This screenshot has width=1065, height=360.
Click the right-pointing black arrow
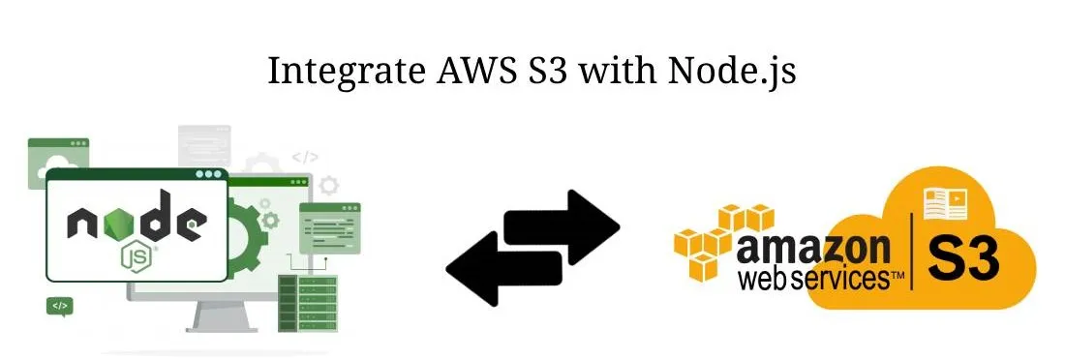point(563,226)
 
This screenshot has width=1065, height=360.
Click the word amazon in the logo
point(813,250)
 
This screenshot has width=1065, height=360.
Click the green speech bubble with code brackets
point(60,307)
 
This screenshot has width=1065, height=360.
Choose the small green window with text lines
point(329,228)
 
